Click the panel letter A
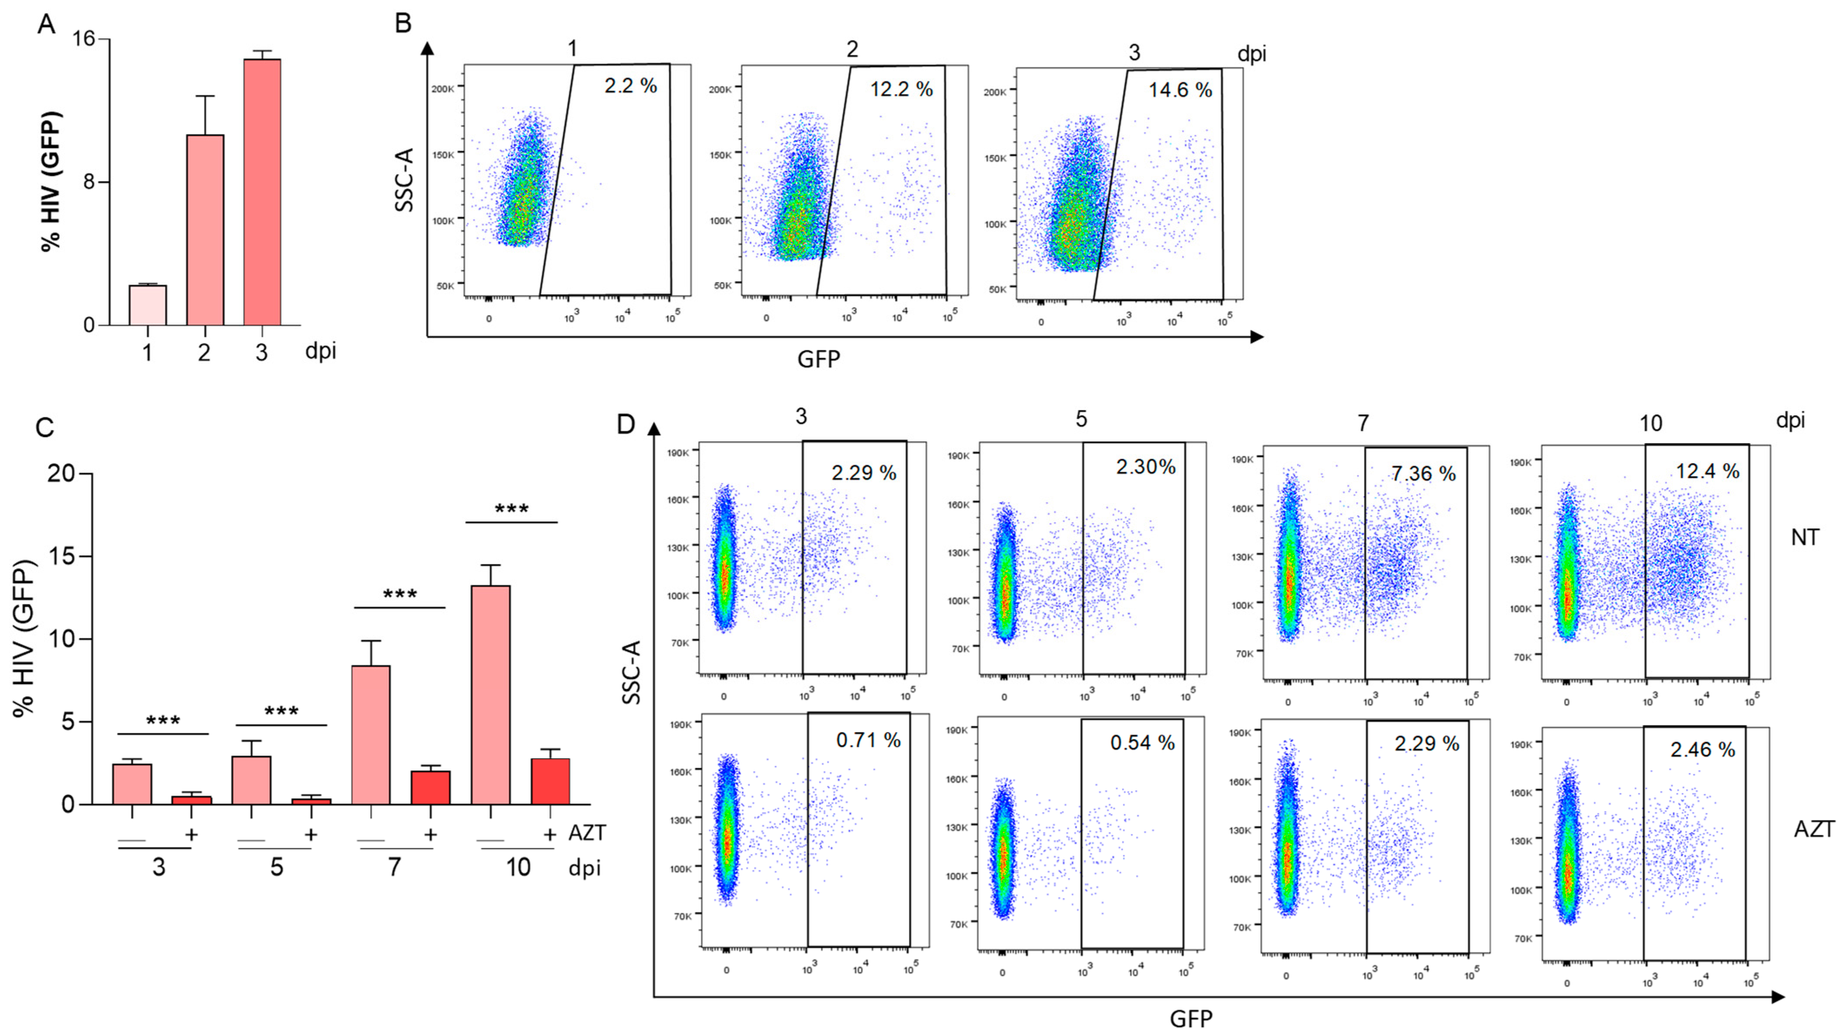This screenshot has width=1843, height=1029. (x=46, y=24)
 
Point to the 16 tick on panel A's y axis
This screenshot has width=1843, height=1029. (x=84, y=39)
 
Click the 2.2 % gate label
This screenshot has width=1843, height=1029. (x=630, y=86)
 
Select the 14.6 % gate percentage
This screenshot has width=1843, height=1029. (x=1180, y=90)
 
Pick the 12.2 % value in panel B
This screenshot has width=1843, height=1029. (x=901, y=89)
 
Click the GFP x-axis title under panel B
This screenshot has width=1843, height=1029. (x=818, y=359)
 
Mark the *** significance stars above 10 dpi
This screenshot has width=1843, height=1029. (x=512, y=509)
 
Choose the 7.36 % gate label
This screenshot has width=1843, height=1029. (x=1423, y=474)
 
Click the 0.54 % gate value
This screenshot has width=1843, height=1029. (x=1143, y=743)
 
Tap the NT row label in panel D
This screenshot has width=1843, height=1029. (x=1804, y=538)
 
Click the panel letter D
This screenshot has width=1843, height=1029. (x=625, y=424)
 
